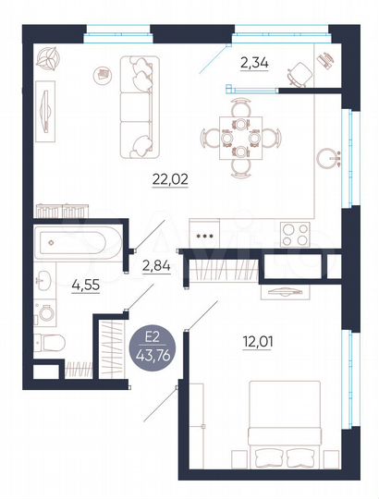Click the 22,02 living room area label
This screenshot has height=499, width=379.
pyautogui.click(x=170, y=179)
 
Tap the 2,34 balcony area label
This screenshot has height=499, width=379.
pyautogui.click(x=255, y=63)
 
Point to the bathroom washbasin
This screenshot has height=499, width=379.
pyautogui.click(x=43, y=277)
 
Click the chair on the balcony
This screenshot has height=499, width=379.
pyautogui.click(x=300, y=71)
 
